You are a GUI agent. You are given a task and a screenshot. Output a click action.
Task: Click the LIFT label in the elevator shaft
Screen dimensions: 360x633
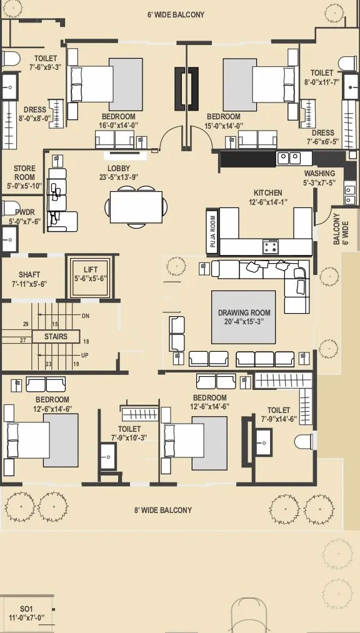pyautogui.click(x=91, y=270)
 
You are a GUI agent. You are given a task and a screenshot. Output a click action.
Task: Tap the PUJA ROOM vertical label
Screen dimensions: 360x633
pyautogui.click(x=213, y=231)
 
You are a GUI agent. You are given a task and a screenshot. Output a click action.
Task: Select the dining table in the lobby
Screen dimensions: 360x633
pyautogui.click(x=136, y=207)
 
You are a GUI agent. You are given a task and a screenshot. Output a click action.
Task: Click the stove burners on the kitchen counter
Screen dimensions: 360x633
pyautogui.click(x=271, y=246)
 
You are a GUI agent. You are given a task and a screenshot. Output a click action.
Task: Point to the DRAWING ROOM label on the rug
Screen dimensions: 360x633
pyautogui.click(x=244, y=313)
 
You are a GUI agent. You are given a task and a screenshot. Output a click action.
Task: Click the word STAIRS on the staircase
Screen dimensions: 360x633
pyautogui.click(x=56, y=336)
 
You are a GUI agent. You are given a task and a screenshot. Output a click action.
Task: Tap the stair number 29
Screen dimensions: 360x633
pyautogui.click(x=26, y=324)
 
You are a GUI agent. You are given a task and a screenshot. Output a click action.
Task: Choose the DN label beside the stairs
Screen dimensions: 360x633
pyautogui.click(x=85, y=316)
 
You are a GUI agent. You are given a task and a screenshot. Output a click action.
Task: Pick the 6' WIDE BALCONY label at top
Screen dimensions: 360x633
pyautogui.click(x=176, y=15)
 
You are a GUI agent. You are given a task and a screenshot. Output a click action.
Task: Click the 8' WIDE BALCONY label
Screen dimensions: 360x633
pyautogui.click(x=163, y=511)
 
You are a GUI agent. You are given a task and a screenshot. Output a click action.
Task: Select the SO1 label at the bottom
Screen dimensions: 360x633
pyautogui.click(x=27, y=609)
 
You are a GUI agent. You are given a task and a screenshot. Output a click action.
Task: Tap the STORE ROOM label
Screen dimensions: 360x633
pyautogui.click(x=24, y=173)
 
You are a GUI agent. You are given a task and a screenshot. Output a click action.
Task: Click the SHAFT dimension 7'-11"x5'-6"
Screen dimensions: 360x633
pyautogui.click(x=29, y=284)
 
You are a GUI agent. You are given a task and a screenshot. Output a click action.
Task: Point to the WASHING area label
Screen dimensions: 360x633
pyautogui.click(x=319, y=174)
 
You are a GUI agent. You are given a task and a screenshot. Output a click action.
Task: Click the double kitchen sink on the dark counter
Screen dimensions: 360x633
pyautogui.click(x=289, y=158)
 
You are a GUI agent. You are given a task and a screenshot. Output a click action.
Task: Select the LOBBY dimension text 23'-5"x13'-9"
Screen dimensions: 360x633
pyautogui.click(x=119, y=177)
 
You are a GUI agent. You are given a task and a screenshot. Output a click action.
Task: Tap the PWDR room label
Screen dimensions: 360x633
pyautogui.click(x=25, y=212)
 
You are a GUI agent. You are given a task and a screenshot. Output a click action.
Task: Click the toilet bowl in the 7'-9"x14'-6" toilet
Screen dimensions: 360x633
pyautogui.click(x=304, y=442)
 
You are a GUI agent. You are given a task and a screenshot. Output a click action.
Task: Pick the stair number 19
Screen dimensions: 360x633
pyautogui.click(x=76, y=364)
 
